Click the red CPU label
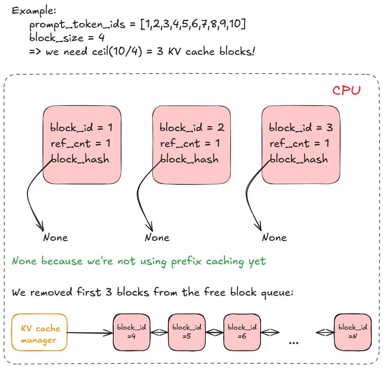(x=346, y=90)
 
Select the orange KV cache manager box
(x=39, y=332)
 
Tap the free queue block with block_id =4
(x=132, y=332)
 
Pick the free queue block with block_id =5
(x=187, y=332)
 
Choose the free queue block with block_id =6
(x=242, y=332)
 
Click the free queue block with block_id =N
(x=353, y=332)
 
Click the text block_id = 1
(x=81, y=128)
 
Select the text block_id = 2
(x=191, y=128)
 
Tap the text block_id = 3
(x=301, y=128)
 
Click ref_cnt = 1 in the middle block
(x=190, y=144)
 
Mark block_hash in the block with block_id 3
(x=299, y=159)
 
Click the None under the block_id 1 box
(x=55, y=238)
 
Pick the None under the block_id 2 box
(x=157, y=238)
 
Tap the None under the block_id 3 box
(x=274, y=238)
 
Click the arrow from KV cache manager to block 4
(x=90, y=333)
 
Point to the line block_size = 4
(x=66, y=38)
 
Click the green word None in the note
(x=25, y=261)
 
